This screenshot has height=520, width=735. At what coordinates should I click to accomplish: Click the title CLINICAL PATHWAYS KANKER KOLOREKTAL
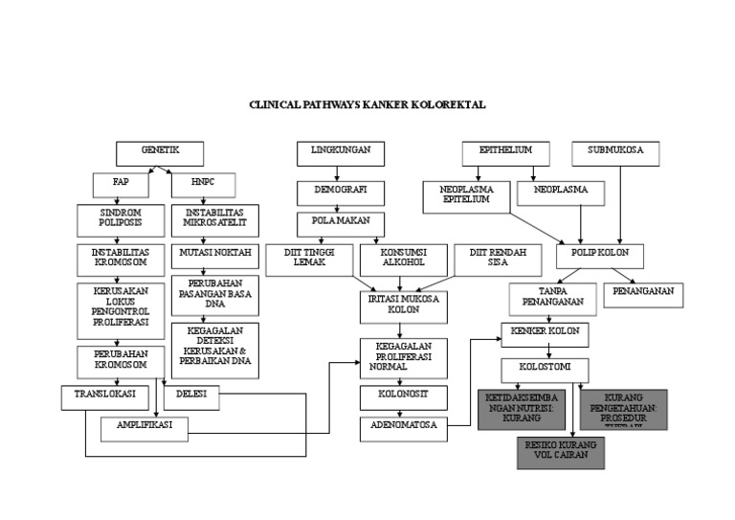[373, 106]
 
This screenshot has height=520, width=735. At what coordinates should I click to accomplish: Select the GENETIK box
[160, 152]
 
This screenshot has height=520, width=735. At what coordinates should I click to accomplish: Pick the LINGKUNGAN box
[340, 152]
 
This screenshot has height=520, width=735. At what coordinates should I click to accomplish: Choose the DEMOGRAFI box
[340, 192]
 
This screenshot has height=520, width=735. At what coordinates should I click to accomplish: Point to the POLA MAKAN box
[340, 223]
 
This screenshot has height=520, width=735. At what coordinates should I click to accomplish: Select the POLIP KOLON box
[600, 256]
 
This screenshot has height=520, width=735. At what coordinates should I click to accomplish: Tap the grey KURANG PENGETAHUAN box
[623, 409]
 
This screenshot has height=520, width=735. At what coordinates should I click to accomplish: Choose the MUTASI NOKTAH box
[214, 256]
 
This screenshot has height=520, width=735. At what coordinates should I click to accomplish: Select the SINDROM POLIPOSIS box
[121, 217]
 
